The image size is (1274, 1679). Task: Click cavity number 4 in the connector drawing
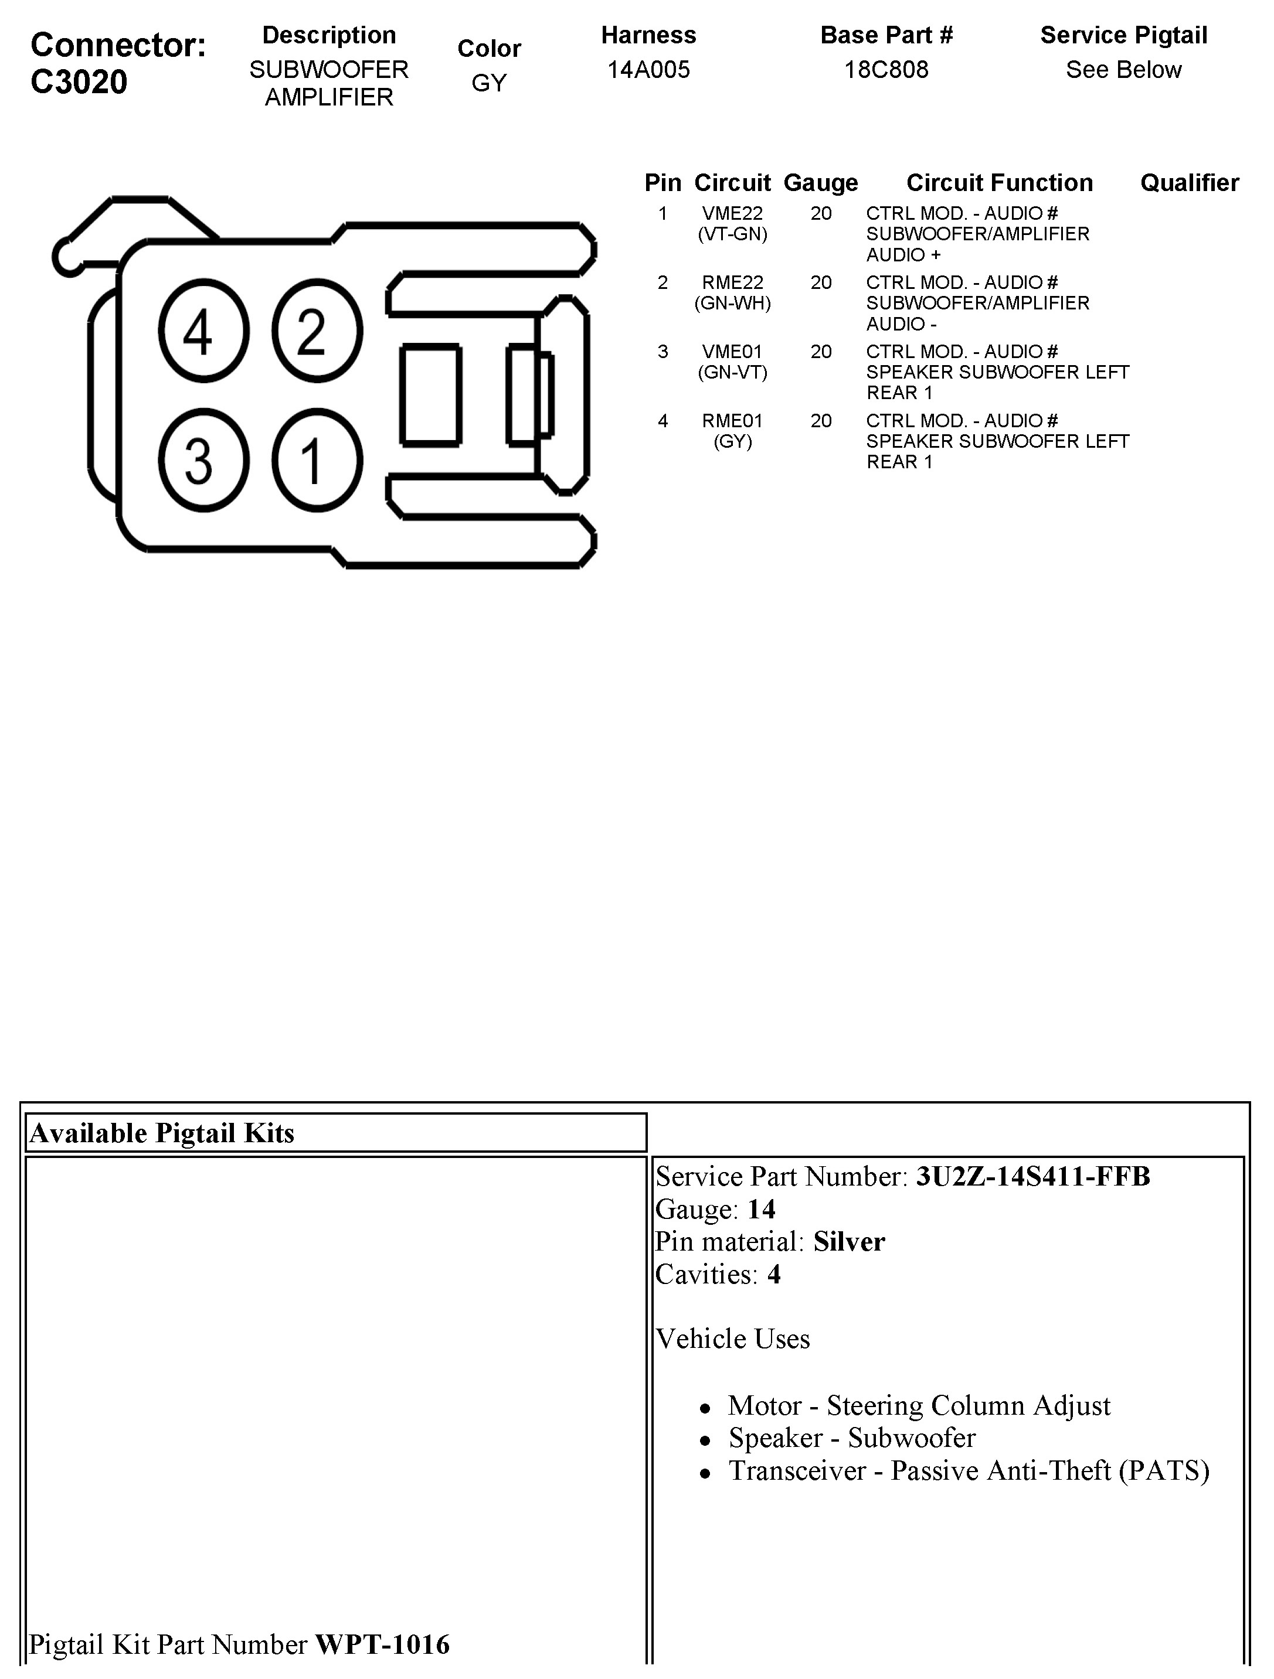[x=203, y=331]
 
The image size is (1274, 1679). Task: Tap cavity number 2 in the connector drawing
[x=317, y=331]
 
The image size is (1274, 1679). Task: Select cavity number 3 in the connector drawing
[x=203, y=461]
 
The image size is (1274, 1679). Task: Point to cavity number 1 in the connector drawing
[x=317, y=461]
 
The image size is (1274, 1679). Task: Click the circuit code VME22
[x=732, y=214]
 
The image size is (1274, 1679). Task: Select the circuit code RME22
[x=732, y=283]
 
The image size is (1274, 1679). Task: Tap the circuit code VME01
[x=732, y=352]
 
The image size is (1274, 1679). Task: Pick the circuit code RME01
[x=732, y=421]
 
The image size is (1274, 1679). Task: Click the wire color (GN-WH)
[x=732, y=304]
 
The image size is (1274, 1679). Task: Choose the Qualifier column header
[x=1189, y=183]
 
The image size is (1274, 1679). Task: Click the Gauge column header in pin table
[x=820, y=183]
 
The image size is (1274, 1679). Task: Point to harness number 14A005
[x=648, y=70]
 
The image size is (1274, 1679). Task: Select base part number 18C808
[x=886, y=70]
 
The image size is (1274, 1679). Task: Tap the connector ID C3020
[x=79, y=82]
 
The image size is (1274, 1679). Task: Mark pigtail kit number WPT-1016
[x=382, y=1644]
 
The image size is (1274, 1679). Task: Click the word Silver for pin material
[x=849, y=1242]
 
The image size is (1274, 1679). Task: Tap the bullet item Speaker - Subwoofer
[x=851, y=1438]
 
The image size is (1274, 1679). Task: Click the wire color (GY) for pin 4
[x=732, y=442]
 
